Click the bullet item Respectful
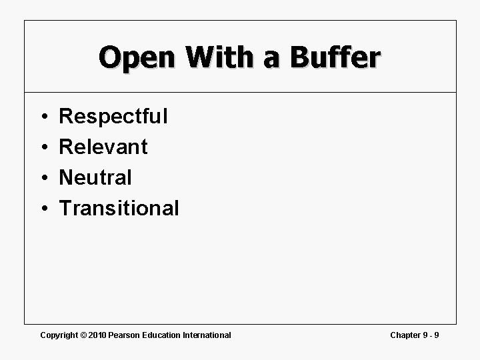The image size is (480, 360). point(113,117)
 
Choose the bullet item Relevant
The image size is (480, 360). point(103,147)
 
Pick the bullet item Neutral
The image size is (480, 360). point(95,177)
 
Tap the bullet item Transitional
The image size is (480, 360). point(119,208)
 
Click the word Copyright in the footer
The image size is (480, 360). point(59,335)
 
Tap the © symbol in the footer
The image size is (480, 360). point(83,335)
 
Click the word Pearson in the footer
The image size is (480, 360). point(124,335)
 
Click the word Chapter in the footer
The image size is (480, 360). point(405,335)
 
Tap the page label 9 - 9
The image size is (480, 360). point(431,335)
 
